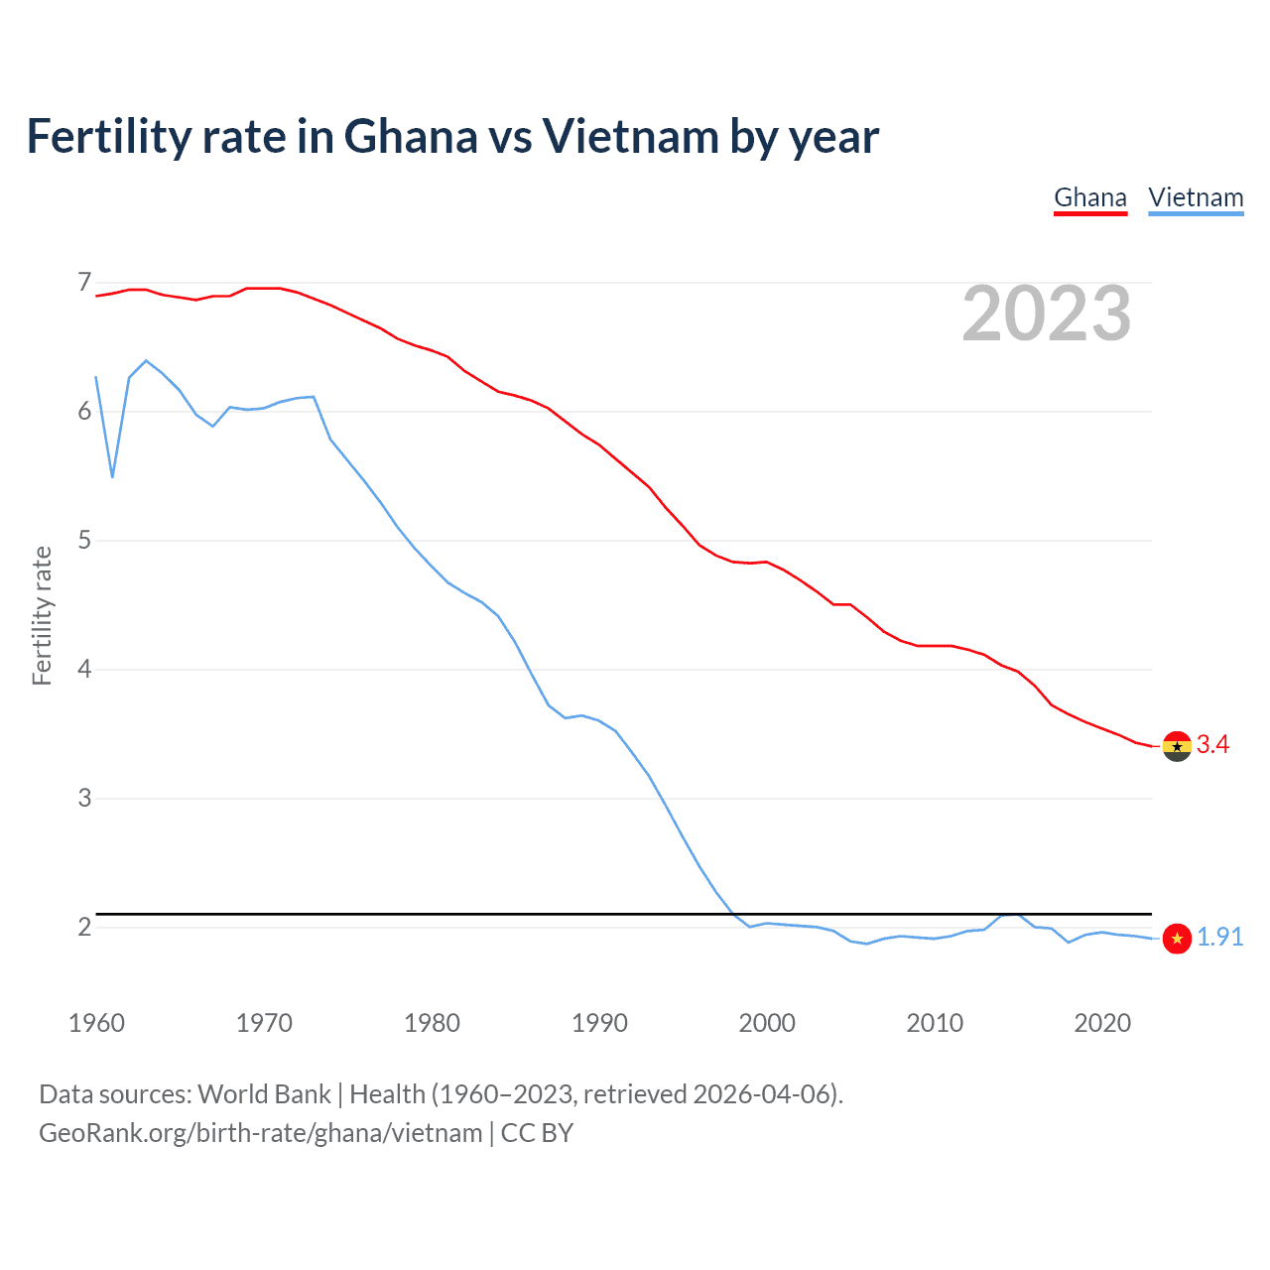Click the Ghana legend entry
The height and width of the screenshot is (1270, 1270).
coord(1089,197)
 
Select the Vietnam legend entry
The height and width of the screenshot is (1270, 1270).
coord(1196,197)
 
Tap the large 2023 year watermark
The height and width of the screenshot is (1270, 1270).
coord(1046,314)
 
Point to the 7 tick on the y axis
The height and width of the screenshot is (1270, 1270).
coord(84,283)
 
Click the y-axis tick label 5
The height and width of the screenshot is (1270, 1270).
coord(84,541)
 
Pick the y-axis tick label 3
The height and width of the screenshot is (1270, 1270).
coord(84,798)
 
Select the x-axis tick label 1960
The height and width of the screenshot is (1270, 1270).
coord(96,1023)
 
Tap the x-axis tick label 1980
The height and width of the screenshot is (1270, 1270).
coord(432,1023)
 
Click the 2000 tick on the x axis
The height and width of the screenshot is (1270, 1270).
coord(767,1023)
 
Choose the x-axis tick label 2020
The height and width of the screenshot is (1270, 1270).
coord(1102,1023)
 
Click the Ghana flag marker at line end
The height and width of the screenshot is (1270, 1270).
coord(1177,746)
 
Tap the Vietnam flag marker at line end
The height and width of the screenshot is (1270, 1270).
coord(1177,939)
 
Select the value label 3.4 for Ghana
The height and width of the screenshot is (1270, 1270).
coord(1212,745)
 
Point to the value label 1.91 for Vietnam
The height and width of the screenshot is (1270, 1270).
coord(1219,938)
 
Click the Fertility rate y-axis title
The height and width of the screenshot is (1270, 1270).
coord(42,615)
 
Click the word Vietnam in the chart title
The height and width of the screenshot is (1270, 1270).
coord(630,137)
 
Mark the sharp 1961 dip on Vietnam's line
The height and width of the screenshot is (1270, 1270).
coord(112,476)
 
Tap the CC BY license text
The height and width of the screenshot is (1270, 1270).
coord(537,1133)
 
